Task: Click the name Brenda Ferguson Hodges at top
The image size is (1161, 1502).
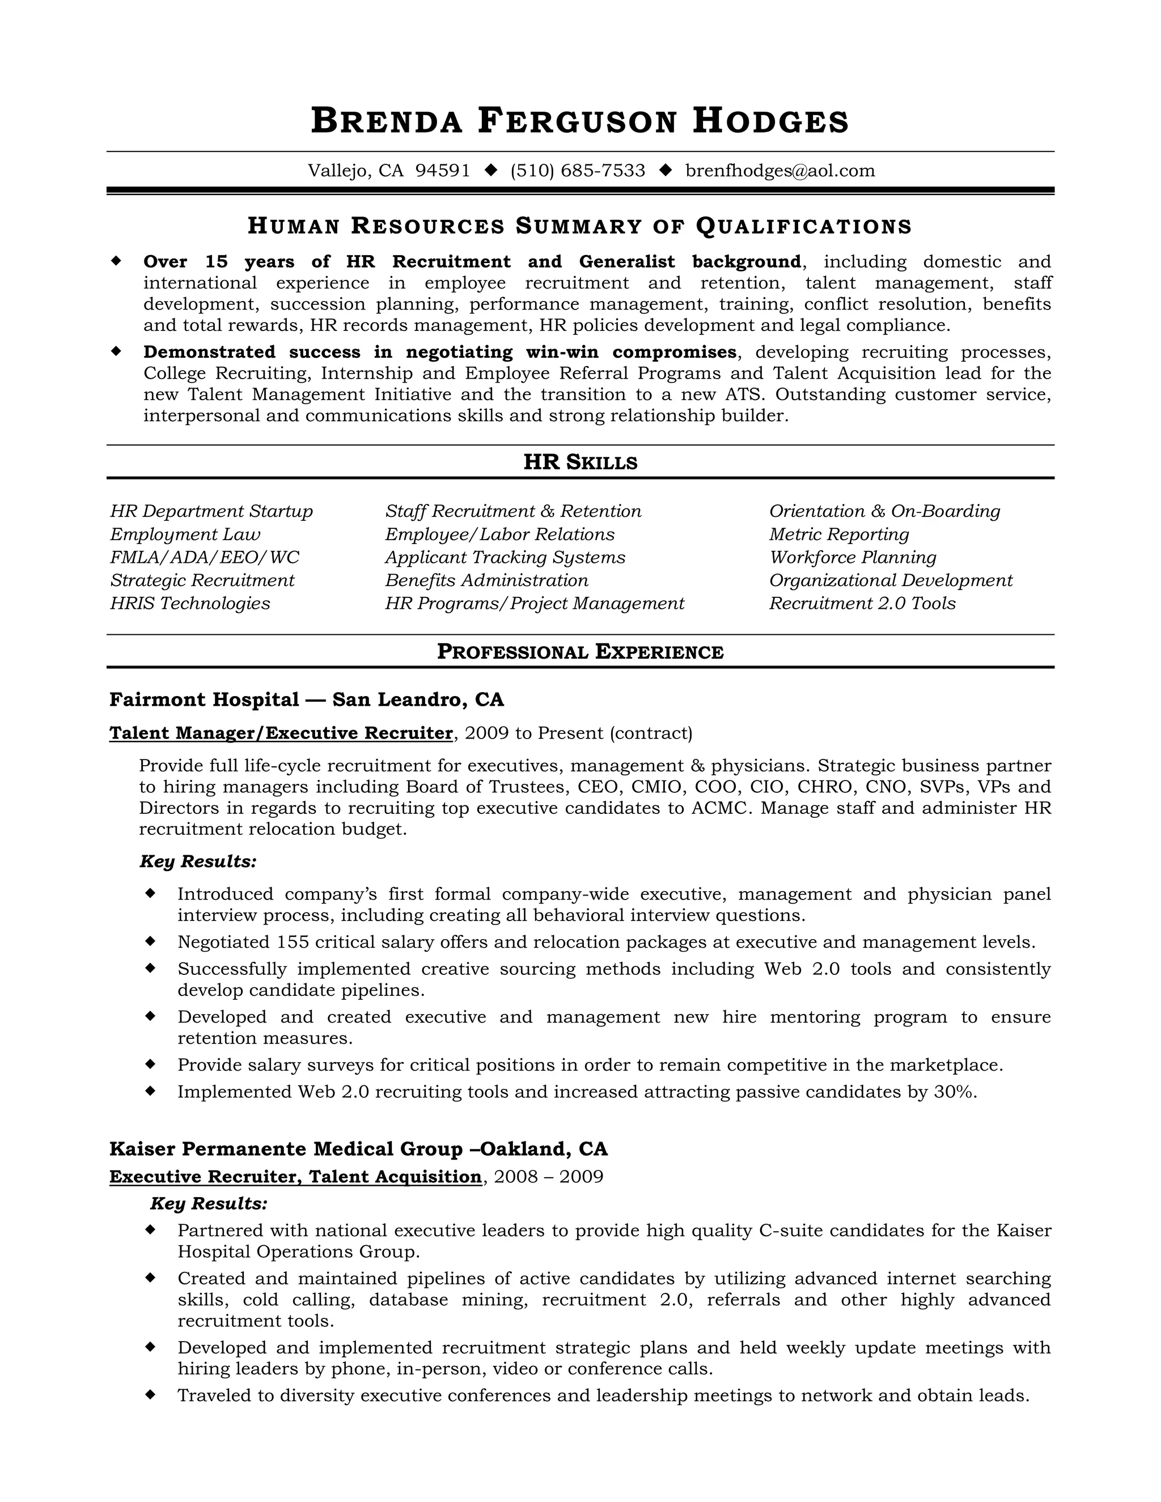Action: [580, 121]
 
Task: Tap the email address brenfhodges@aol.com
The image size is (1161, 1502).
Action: [780, 171]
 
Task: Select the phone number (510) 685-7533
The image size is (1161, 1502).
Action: [577, 171]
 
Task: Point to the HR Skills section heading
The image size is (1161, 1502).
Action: [580, 462]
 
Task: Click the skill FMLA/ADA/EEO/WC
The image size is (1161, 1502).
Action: [204, 557]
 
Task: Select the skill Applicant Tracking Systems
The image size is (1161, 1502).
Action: [505, 557]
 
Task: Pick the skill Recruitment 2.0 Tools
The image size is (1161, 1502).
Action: [862, 603]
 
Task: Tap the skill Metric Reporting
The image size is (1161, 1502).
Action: [838, 534]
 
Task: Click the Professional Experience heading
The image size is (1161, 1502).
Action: [580, 651]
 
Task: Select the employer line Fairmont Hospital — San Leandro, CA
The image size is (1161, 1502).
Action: [307, 699]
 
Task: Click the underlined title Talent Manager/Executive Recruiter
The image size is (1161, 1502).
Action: [281, 733]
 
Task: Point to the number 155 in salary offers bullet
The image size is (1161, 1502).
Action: [293, 941]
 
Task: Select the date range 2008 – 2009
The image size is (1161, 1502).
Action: [548, 1177]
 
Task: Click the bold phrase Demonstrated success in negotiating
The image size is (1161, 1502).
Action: [328, 352]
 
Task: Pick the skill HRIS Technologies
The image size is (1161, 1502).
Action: [190, 603]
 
